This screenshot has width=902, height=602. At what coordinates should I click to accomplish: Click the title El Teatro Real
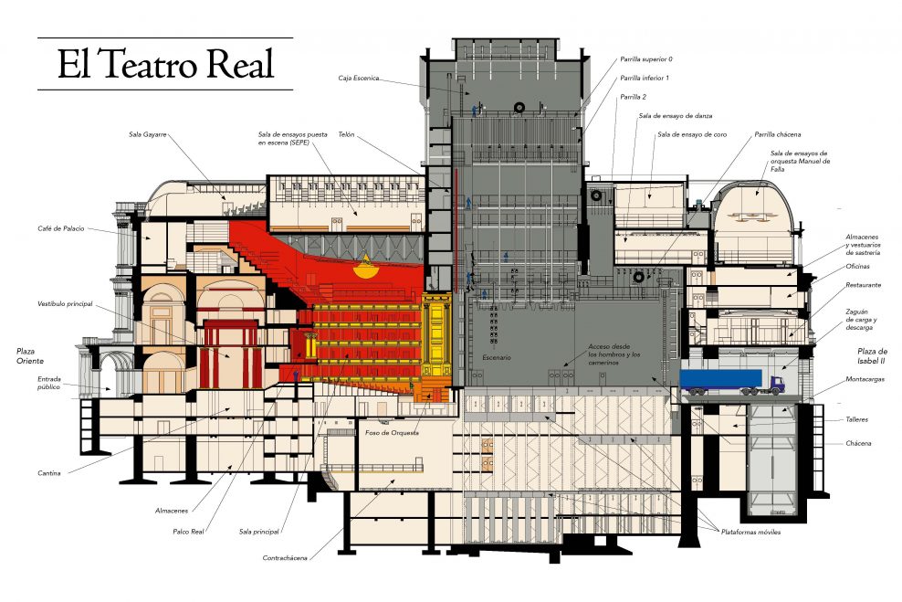pos(165,64)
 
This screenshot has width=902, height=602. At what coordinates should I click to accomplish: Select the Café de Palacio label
pos(62,228)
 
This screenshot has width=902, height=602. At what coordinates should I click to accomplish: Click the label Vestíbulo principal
pos(65,303)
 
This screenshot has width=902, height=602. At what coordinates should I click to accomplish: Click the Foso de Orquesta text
pos(391,432)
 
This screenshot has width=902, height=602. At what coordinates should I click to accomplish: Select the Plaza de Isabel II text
pos(872,356)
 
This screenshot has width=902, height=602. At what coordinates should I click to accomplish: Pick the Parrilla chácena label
pos(776,134)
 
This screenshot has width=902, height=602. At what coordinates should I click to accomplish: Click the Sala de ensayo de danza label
pos(676,116)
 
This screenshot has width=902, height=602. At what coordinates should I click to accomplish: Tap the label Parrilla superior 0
pos(645,58)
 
